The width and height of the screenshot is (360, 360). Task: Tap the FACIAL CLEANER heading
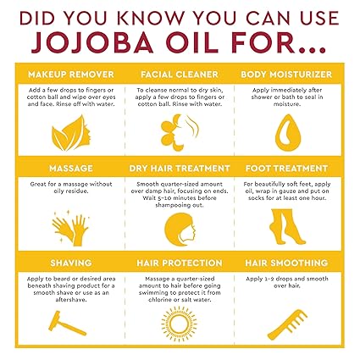click(180, 75)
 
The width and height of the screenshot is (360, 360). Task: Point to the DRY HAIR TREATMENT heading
click(180, 168)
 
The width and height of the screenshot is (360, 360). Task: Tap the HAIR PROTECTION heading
click(180, 263)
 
